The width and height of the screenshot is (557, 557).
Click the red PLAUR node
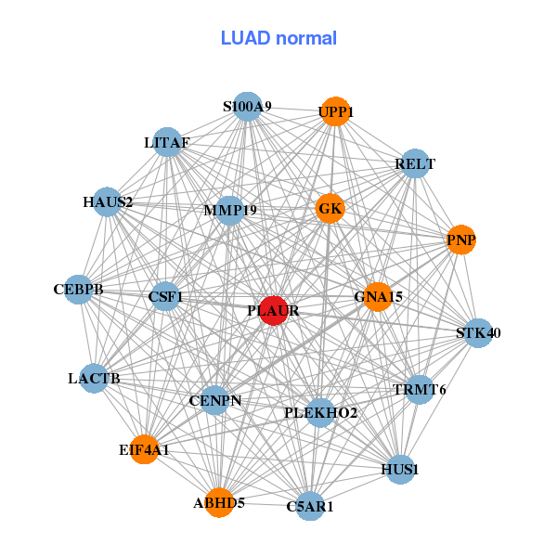tap(274, 311)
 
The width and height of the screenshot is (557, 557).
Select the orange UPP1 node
tap(335, 111)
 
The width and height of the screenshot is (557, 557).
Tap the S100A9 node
tap(247, 107)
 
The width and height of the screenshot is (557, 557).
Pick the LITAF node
tap(167, 142)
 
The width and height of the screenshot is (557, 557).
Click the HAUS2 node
tap(108, 201)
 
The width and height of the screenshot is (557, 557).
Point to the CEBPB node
tap(79, 290)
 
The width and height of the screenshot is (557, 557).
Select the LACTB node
tap(94, 378)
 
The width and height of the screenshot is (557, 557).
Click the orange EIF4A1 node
tap(144, 449)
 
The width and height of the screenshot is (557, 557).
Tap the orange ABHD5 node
tap(219, 502)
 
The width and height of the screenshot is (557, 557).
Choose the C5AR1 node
tap(310, 506)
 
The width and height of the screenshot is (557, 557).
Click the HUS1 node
tap(400, 469)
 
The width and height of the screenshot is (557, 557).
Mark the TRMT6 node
tap(419, 389)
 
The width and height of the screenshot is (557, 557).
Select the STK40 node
tap(477, 332)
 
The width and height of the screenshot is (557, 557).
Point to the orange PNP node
tap(460, 240)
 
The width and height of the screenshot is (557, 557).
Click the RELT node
tap(415, 164)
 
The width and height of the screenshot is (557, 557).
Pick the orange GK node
tap(330, 208)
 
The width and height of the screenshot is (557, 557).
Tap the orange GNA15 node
tap(378, 296)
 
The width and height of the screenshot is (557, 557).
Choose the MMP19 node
tap(229, 210)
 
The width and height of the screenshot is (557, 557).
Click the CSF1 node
tap(165, 297)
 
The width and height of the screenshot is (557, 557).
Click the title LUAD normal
tap(278, 38)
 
